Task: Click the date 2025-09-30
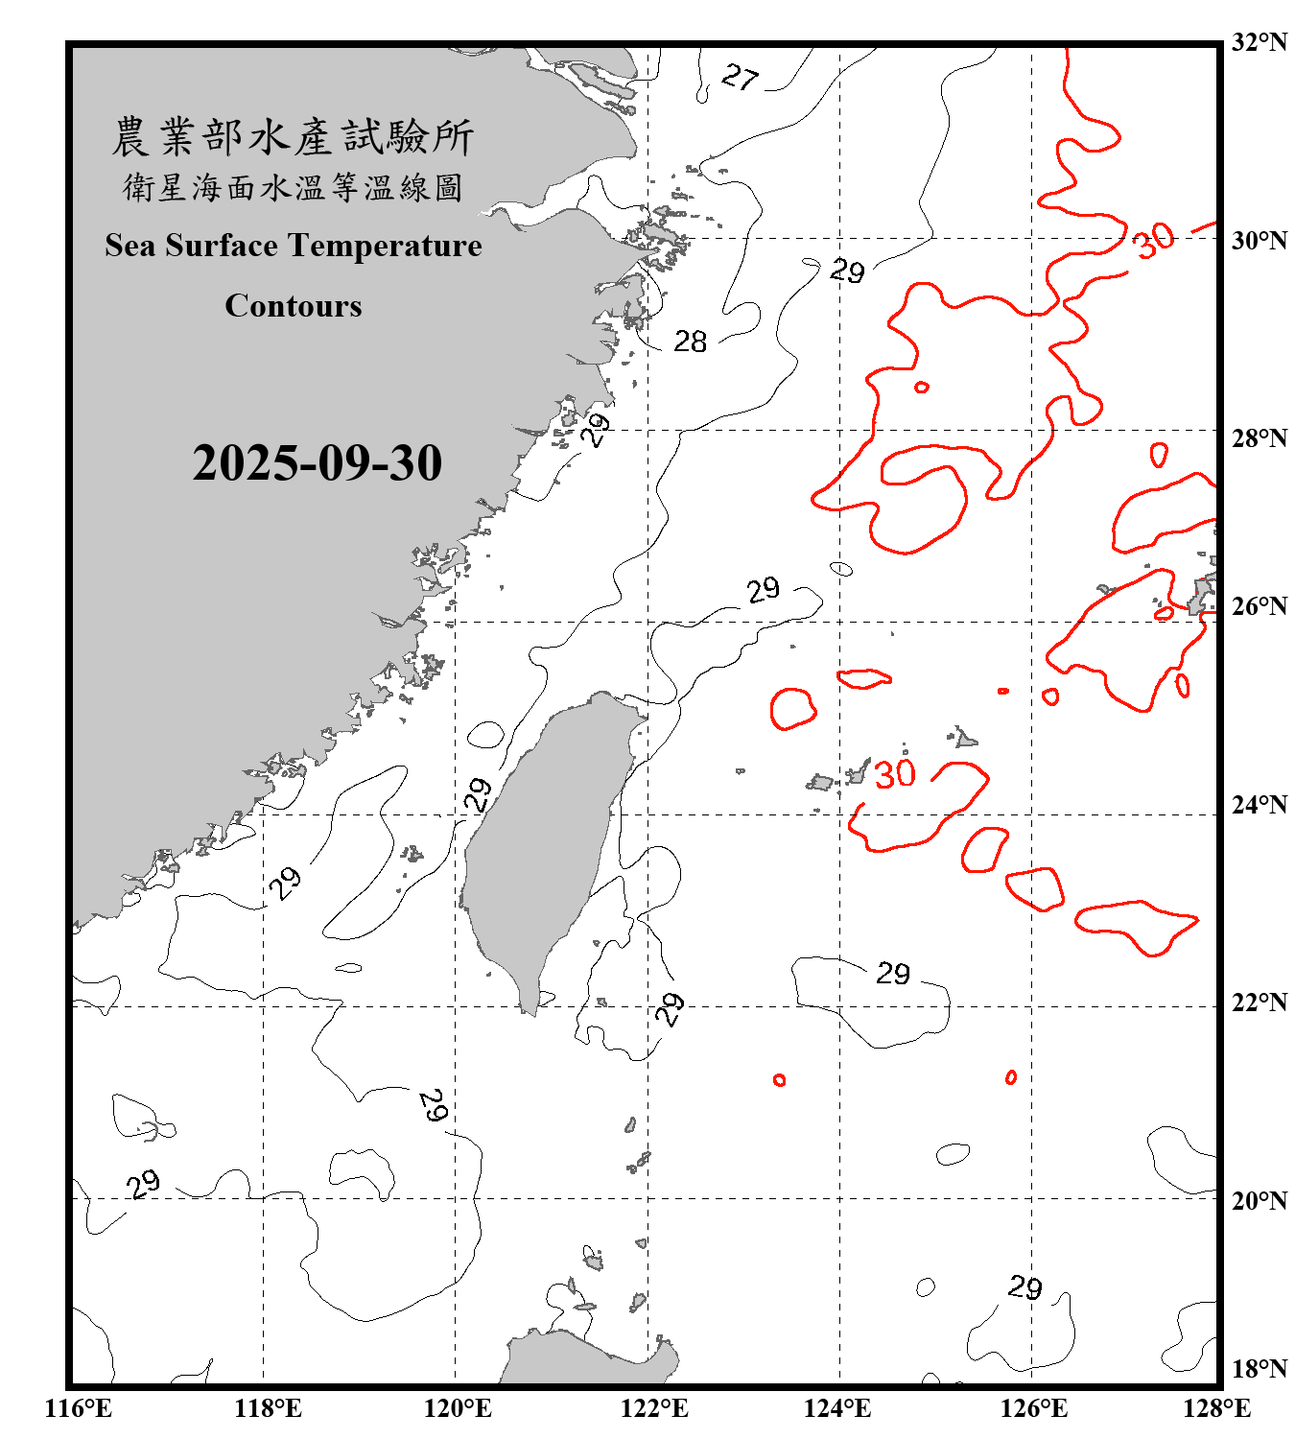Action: click(x=317, y=463)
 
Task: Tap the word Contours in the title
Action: click(x=294, y=306)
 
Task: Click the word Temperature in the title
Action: click(x=388, y=246)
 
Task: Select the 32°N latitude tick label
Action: click(x=1259, y=42)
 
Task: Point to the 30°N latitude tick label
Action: click(x=1259, y=240)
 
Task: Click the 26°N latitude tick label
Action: click(x=1259, y=606)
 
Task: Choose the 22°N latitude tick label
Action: click(x=1259, y=1003)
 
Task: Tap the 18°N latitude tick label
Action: click(x=1259, y=1369)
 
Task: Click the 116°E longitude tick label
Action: click(x=79, y=1408)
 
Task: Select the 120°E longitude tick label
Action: click(x=458, y=1408)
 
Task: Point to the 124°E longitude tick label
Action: click(x=837, y=1408)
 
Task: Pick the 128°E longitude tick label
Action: click(x=1216, y=1408)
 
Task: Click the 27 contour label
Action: click(x=740, y=77)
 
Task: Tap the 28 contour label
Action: click(x=690, y=342)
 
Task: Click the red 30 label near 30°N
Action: click(x=1153, y=239)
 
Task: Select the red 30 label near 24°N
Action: click(x=895, y=774)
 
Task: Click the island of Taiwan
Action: click(x=542, y=844)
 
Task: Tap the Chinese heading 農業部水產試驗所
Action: click(x=293, y=137)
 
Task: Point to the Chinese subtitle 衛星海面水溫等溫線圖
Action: click(x=293, y=187)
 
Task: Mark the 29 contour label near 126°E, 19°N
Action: click(x=1024, y=1287)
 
